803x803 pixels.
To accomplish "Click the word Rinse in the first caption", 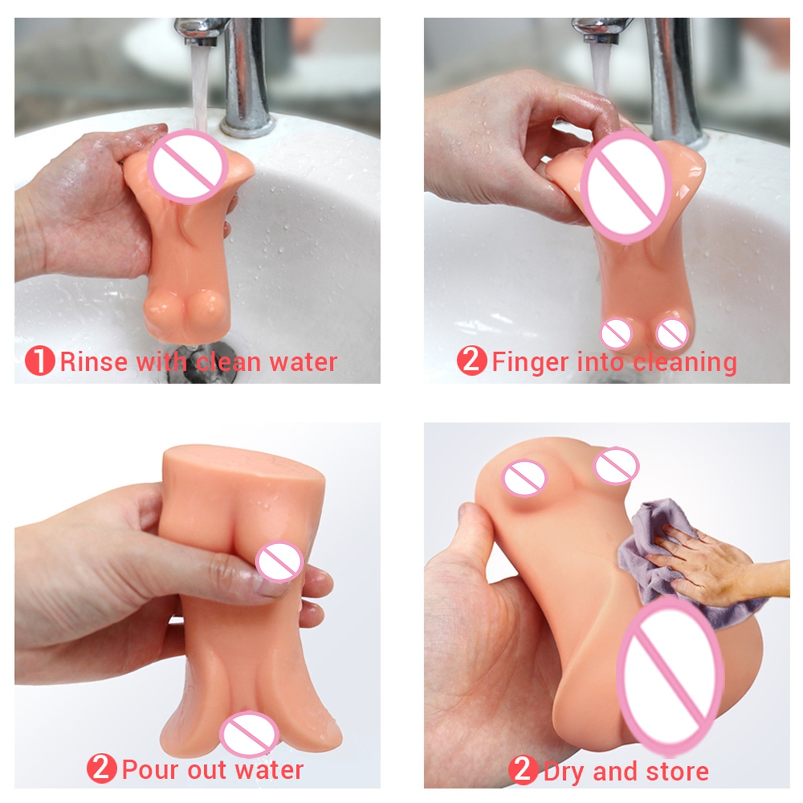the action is pos(93,362).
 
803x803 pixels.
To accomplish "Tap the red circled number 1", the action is pos(40,361).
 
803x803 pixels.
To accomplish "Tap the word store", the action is pos(678,771).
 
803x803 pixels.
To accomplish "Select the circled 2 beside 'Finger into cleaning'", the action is pos(472,361).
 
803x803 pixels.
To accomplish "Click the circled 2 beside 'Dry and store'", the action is pos(523,770).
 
